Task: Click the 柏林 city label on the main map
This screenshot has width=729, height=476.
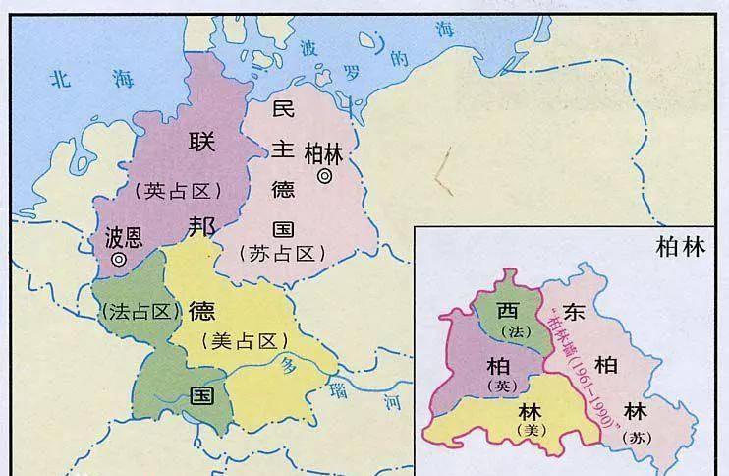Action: tap(324, 152)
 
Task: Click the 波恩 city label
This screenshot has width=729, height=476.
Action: tap(124, 238)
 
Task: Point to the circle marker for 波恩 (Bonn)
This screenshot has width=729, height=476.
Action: tap(119, 260)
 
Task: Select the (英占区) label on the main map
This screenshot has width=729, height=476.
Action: tap(182, 192)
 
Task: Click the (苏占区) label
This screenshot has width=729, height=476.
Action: tap(282, 254)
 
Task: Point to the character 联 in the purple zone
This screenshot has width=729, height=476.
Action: tap(200, 141)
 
